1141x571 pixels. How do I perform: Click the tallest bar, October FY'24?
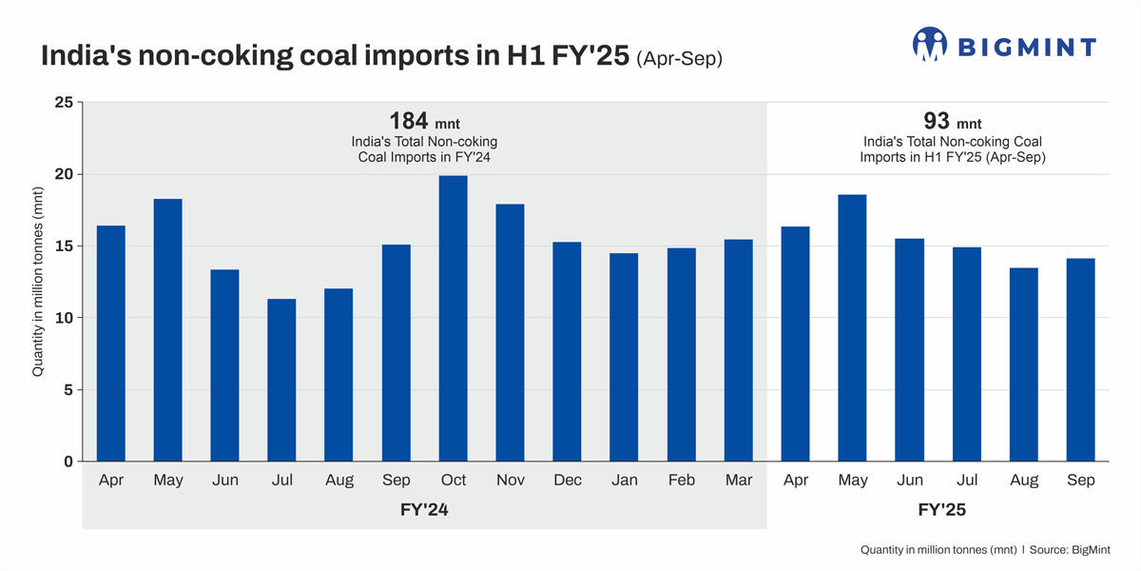click(453, 319)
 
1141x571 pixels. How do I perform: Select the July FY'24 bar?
click(281, 381)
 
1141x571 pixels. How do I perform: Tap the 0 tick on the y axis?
click(67, 462)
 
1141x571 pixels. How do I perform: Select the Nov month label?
click(510, 481)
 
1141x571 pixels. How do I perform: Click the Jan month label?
click(624, 481)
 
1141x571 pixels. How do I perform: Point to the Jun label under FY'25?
click(909, 481)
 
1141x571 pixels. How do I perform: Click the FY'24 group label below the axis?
click(424, 511)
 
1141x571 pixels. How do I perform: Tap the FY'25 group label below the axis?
click(942, 511)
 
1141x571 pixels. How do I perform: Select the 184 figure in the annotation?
click(409, 121)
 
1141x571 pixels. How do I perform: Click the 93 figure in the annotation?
click(937, 121)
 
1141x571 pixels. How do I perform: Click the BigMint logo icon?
click(930, 44)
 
